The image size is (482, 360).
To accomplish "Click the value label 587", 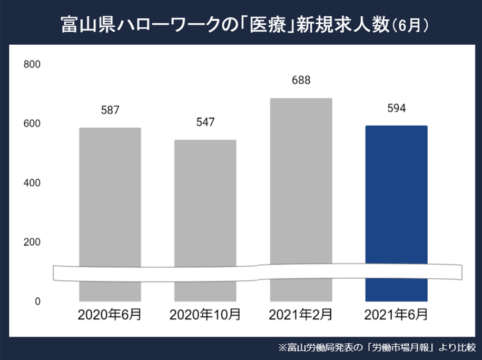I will tap(110, 111).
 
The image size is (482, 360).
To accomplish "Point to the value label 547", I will tap(205, 122).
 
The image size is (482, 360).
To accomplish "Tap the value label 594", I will tap(396, 109).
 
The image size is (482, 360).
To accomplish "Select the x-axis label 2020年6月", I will tap(110, 315).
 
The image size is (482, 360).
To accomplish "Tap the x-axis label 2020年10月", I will tap(205, 315).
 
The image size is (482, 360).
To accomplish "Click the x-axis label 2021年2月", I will tap(301, 315).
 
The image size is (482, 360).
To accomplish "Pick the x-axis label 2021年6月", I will tap(396, 315).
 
